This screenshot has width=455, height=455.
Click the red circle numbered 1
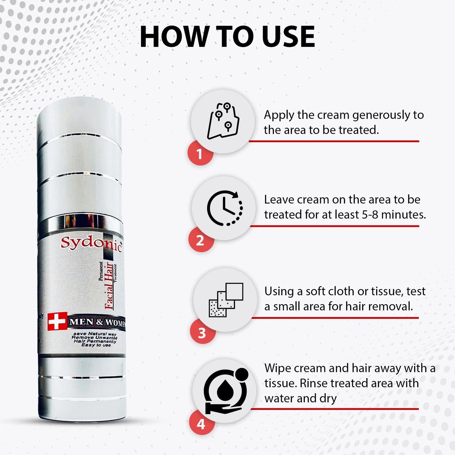point(199,154)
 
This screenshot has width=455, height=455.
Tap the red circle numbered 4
point(201,424)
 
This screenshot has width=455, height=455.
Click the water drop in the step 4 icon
point(224,390)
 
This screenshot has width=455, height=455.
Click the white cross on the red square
point(57,321)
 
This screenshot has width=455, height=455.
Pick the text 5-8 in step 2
point(370,215)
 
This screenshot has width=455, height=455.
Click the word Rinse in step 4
point(314,383)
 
